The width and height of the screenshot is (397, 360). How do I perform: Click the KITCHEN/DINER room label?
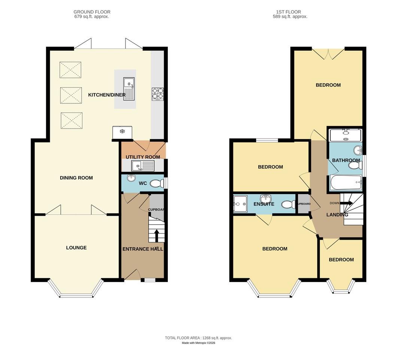click(107, 95)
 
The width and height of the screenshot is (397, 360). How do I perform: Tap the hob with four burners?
click(158, 94)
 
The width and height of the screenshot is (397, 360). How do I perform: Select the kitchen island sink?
click(129, 89)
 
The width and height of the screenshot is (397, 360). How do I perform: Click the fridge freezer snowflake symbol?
click(122, 131)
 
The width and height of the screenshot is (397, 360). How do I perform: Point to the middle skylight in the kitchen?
click(70, 95)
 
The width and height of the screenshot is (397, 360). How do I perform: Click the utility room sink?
click(142, 165)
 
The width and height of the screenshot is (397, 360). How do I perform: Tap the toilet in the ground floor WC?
click(157, 183)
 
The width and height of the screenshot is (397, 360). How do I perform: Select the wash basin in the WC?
click(131, 178)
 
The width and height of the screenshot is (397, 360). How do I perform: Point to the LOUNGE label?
click(76, 248)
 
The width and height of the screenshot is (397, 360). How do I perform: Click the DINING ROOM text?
click(76, 178)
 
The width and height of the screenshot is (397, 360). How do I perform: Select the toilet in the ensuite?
click(288, 205)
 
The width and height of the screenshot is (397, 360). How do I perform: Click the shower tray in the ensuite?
click(240, 204)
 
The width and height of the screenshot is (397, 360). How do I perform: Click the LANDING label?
click(337, 215)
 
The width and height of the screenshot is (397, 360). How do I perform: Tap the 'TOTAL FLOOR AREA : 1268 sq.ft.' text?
click(198, 338)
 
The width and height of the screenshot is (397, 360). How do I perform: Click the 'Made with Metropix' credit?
click(198, 343)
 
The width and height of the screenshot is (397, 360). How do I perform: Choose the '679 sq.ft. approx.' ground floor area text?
click(92, 17)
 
